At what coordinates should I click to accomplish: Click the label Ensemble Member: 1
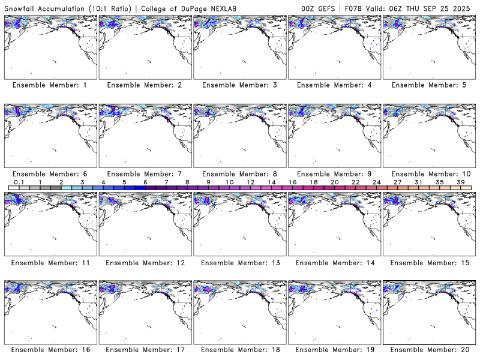(x=50, y=85)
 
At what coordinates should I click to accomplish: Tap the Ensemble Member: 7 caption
(x=145, y=174)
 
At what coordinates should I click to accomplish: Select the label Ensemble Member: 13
(x=239, y=263)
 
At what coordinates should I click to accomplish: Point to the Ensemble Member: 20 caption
(x=429, y=350)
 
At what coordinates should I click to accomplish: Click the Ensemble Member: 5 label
(x=429, y=85)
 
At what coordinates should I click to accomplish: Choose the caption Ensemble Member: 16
(x=50, y=350)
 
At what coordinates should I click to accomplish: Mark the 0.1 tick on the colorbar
(x=19, y=182)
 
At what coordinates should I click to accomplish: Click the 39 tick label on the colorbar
(x=461, y=182)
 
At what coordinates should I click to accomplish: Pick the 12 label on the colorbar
(x=250, y=182)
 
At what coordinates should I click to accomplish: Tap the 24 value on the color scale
(x=377, y=182)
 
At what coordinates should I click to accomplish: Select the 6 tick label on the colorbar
(x=145, y=182)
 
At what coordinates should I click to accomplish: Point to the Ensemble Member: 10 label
(x=429, y=174)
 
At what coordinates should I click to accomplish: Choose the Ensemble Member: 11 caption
(x=50, y=263)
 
